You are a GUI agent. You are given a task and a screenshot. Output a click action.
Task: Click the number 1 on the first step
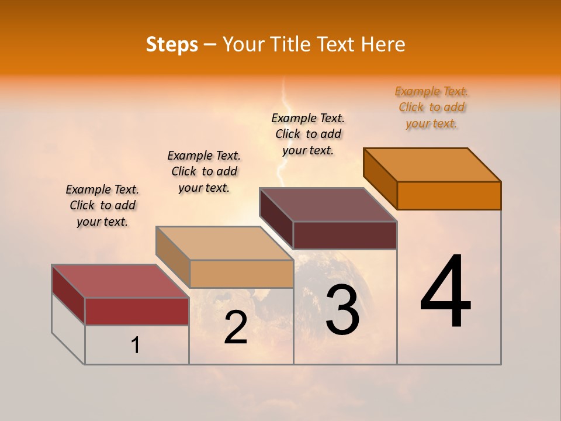(136, 346)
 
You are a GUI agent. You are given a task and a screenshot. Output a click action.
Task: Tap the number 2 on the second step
(236, 327)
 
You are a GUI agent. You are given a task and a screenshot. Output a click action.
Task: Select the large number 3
(342, 310)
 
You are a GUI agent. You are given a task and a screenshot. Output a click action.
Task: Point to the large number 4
(446, 292)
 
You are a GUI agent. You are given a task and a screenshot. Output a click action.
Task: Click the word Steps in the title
(172, 44)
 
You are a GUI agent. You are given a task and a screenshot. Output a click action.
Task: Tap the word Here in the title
(384, 44)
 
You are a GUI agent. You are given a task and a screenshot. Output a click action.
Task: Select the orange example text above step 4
(431, 107)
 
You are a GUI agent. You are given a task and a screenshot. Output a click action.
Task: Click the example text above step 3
(308, 134)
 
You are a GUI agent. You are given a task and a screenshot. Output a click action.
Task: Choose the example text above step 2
(204, 171)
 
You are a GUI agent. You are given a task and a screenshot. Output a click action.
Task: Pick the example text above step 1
(102, 205)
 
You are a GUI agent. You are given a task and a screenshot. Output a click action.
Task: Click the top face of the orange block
(432, 164)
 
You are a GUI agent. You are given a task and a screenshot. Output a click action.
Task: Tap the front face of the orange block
(449, 195)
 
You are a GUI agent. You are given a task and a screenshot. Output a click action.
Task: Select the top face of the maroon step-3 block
(328, 205)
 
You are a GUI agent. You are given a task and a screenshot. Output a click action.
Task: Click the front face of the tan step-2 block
(241, 274)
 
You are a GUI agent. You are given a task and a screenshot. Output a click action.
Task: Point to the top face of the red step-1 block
(120, 281)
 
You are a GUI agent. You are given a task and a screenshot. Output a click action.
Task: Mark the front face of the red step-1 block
(137, 311)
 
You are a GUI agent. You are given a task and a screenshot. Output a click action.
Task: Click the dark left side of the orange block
(380, 178)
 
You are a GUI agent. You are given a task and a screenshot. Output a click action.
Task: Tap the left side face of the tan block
(173, 257)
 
